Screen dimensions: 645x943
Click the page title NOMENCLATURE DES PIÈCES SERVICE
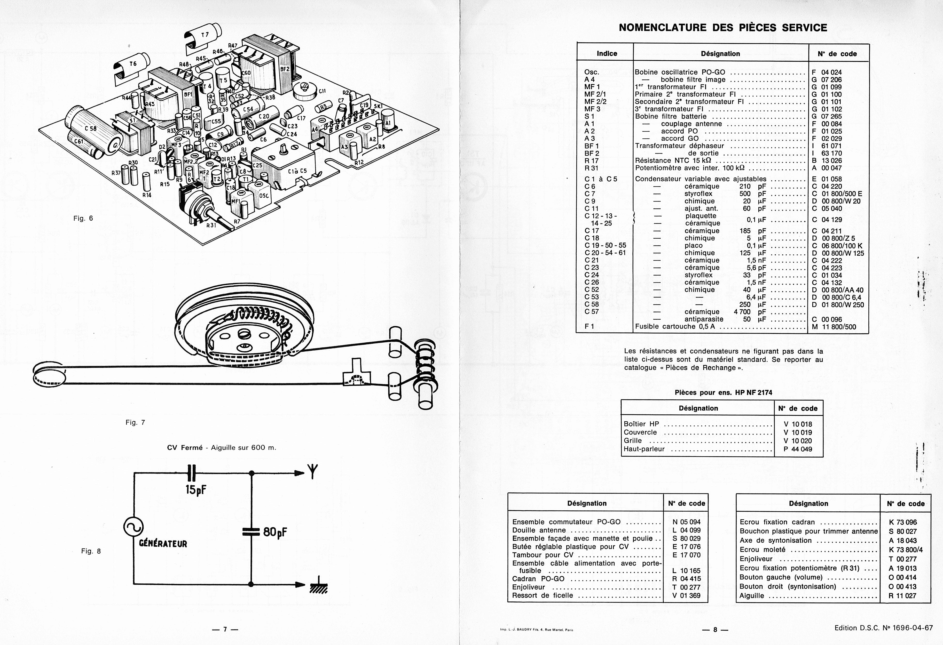click(x=723, y=28)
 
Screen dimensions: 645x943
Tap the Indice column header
click(x=607, y=53)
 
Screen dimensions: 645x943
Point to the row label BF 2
click(x=592, y=153)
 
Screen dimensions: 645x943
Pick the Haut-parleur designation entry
click(x=644, y=449)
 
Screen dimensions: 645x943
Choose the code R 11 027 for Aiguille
click(x=902, y=595)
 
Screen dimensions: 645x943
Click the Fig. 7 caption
click(x=135, y=422)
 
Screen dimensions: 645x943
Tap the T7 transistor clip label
click(x=205, y=35)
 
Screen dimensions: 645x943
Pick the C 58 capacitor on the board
click(x=90, y=128)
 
